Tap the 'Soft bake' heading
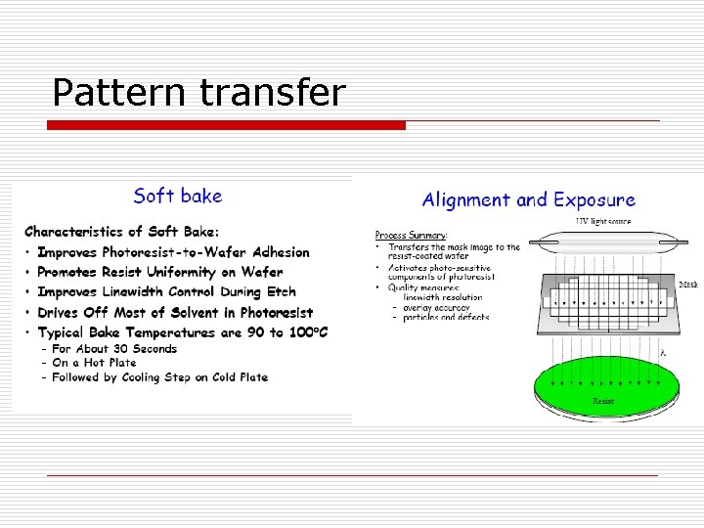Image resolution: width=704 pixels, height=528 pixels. (x=178, y=196)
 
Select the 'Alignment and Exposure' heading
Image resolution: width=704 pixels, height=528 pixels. (x=528, y=200)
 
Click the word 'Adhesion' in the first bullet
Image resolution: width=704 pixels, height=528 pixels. (x=273, y=253)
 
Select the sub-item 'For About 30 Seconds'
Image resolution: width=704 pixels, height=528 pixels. (x=113, y=349)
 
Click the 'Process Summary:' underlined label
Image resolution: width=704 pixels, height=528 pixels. (x=412, y=236)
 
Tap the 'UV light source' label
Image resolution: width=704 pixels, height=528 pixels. (x=603, y=222)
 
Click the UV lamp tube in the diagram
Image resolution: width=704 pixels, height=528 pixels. (x=602, y=239)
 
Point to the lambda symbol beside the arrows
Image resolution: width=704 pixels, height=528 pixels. (x=663, y=353)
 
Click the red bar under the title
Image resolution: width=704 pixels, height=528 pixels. (x=227, y=125)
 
